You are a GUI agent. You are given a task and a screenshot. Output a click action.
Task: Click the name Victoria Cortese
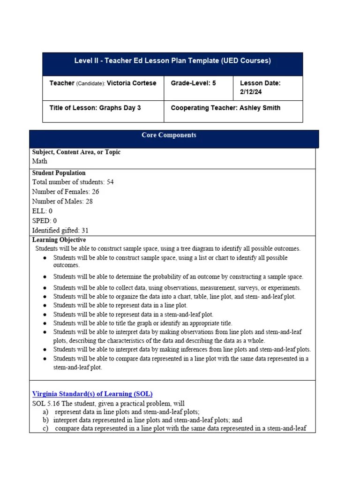pos(132,83)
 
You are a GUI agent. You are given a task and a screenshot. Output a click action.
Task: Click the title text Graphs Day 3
pos(119,108)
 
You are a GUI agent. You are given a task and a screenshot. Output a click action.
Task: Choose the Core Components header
pos(169,135)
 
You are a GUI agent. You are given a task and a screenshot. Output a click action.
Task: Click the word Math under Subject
pos(40,161)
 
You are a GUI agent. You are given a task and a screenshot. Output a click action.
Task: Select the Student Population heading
pos(59,173)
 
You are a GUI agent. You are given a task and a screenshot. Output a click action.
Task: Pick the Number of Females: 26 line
pos(66,192)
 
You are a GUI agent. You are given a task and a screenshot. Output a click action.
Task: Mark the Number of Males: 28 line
pos(62,202)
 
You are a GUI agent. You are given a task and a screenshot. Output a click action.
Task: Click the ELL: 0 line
pos(42,211)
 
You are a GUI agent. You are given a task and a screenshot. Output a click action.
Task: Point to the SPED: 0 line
pos(45,221)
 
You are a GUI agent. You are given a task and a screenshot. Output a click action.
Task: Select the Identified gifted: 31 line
pos(60,231)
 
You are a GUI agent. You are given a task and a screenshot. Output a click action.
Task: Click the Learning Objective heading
pos(59,240)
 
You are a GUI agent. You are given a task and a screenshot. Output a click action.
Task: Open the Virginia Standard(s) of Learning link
pos(92,394)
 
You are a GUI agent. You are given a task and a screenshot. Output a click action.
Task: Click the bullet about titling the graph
pos(142,323)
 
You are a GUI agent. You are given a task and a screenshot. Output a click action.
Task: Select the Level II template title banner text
pos(172,61)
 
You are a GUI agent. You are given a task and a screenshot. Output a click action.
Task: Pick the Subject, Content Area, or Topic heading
pos(76,152)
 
